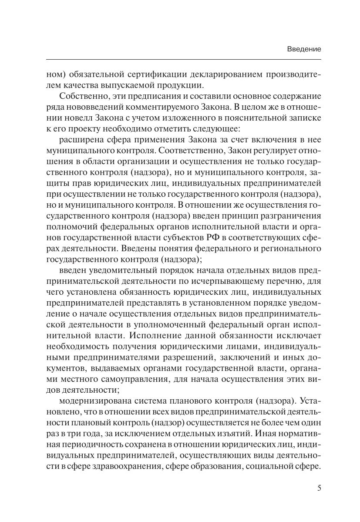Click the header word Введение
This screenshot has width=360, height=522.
click(304, 50)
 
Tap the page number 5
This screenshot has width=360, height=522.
click(319, 488)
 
